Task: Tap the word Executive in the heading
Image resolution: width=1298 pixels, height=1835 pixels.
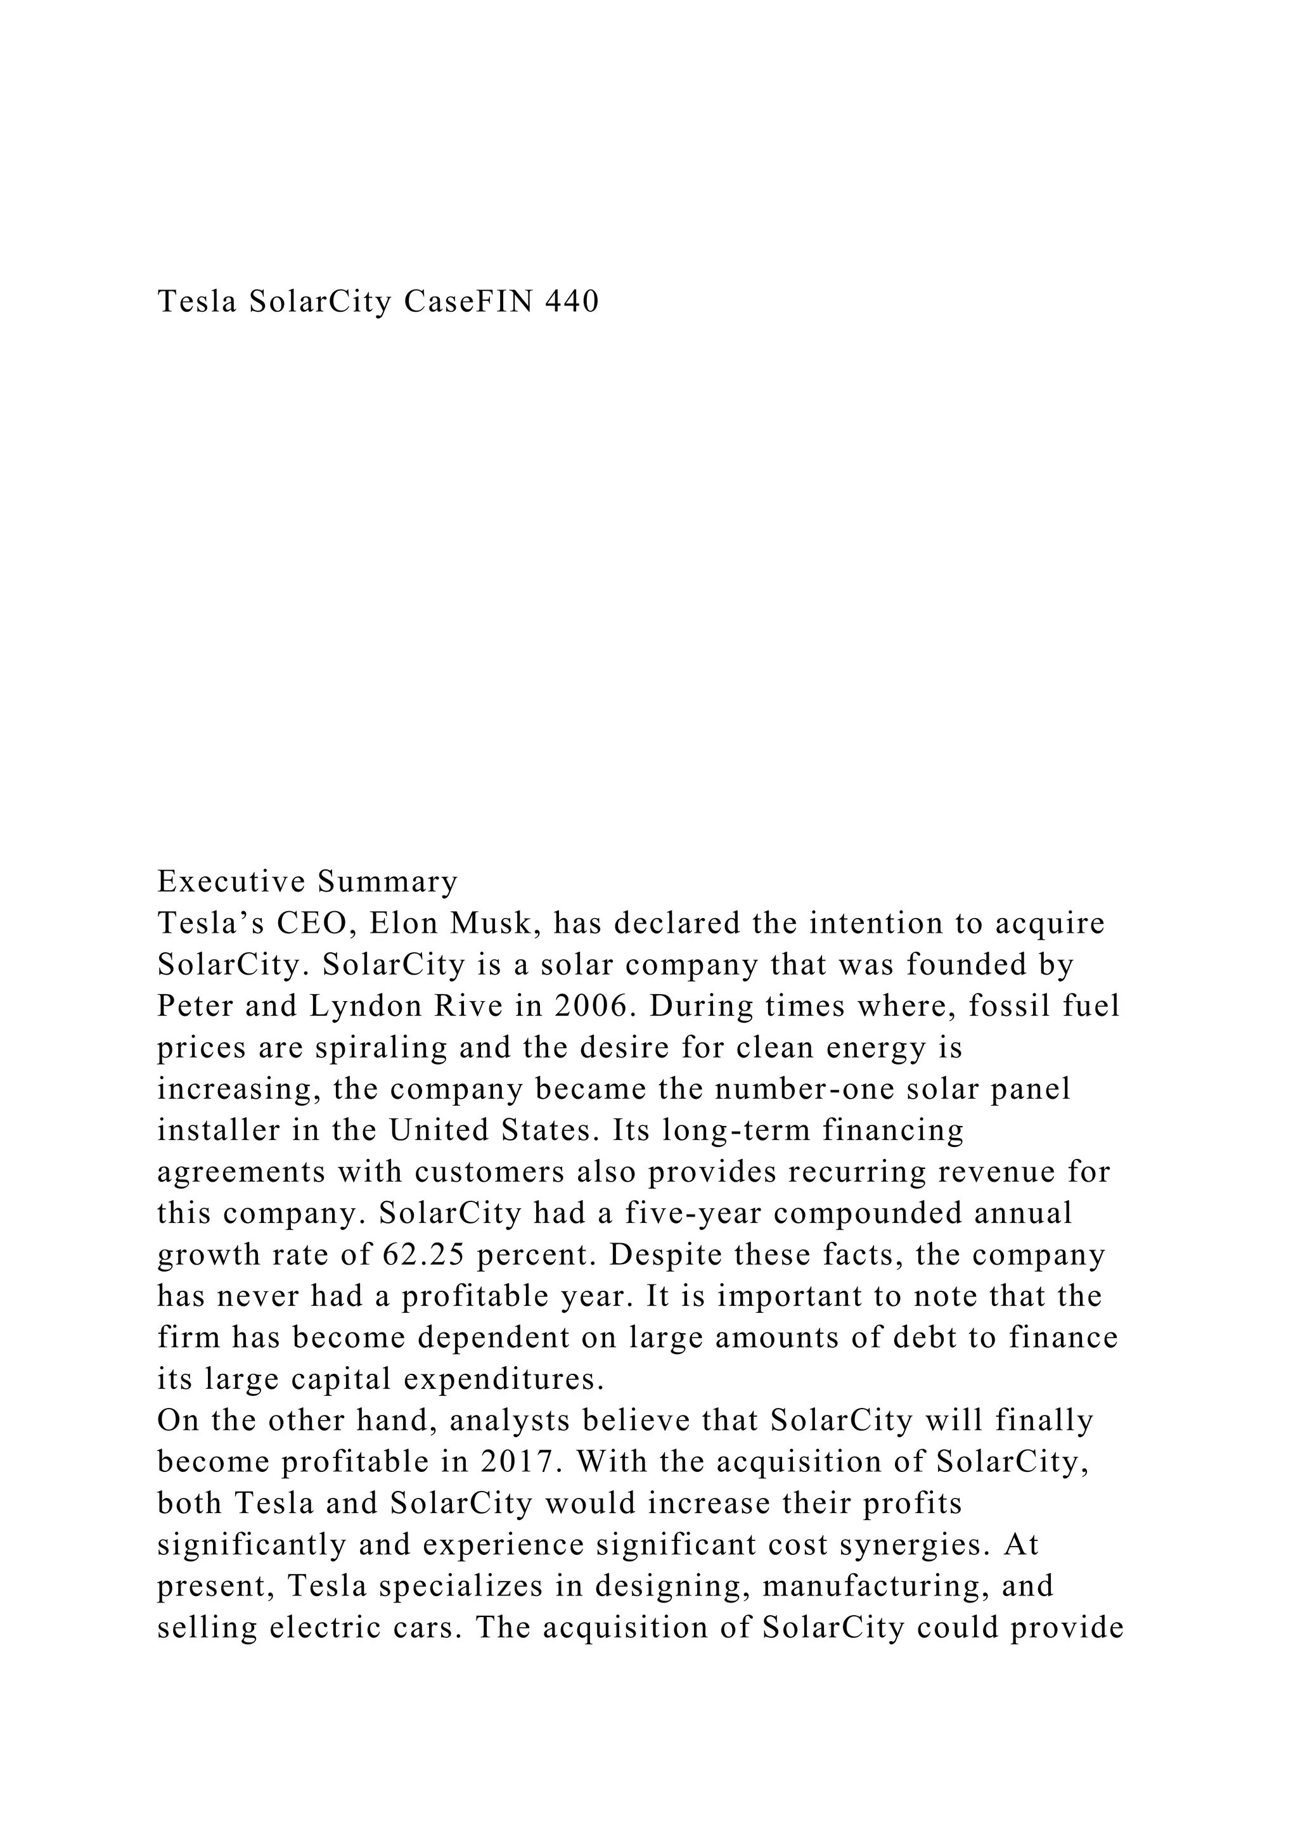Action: (232, 881)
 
